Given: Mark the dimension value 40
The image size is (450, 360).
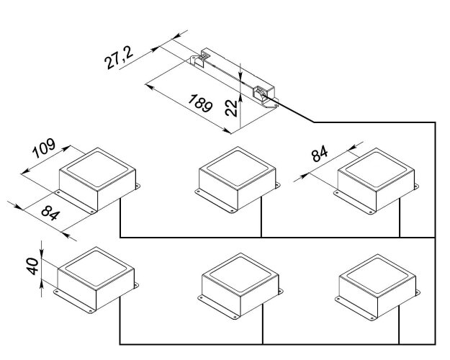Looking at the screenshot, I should pyautogui.click(x=31, y=269).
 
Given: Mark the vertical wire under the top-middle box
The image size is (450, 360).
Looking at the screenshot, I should pyautogui.click(x=261, y=220).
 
